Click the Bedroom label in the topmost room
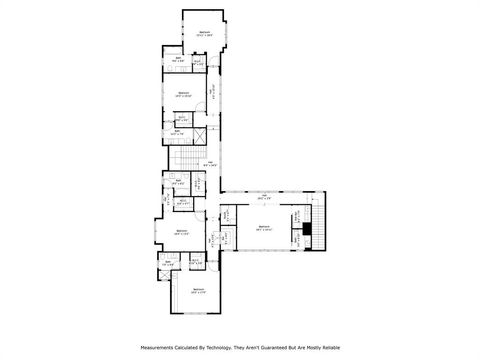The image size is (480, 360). pyautogui.click(x=204, y=33)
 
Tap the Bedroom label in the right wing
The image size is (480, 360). pyautogui.click(x=263, y=227)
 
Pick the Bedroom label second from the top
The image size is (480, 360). pyautogui.click(x=183, y=93)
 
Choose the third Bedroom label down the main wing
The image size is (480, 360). pyautogui.click(x=181, y=231)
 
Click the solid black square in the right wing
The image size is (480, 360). pyautogui.click(x=308, y=229)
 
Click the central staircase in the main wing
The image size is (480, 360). pyautogui.click(x=184, y=160)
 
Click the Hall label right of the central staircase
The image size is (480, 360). pyautogui.click(x=211, y=162)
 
